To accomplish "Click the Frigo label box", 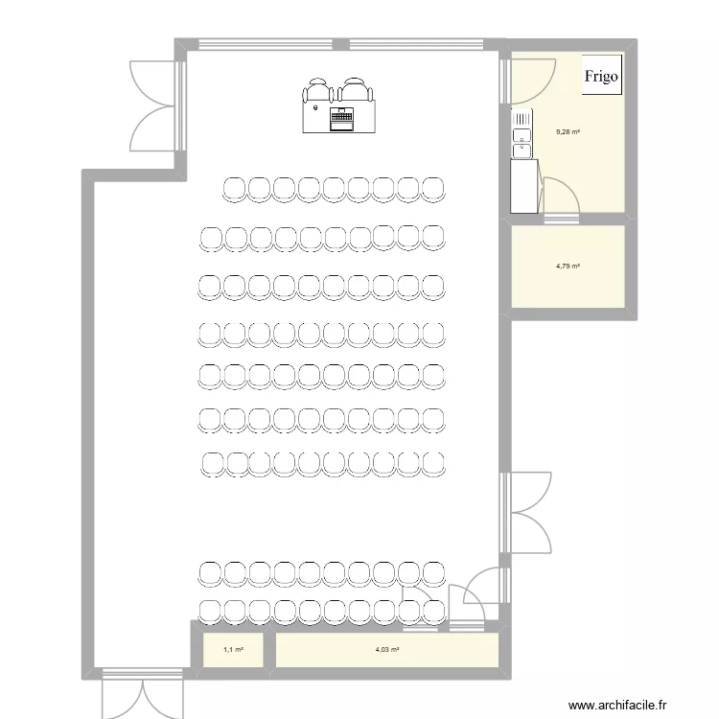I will (602, 75).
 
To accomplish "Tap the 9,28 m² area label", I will (568, 132).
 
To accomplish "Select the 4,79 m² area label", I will (568, 267).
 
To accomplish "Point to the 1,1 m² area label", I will (233, 650).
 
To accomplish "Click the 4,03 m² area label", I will (387, 650).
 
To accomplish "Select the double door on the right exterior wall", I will (525, 512).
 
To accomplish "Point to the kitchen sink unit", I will (522, 134).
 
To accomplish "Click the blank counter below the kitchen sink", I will (523, 186).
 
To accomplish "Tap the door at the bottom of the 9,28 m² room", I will (560, 201).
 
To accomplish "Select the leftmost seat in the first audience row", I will (234, 188).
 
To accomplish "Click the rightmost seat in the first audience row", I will (433, 188).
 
